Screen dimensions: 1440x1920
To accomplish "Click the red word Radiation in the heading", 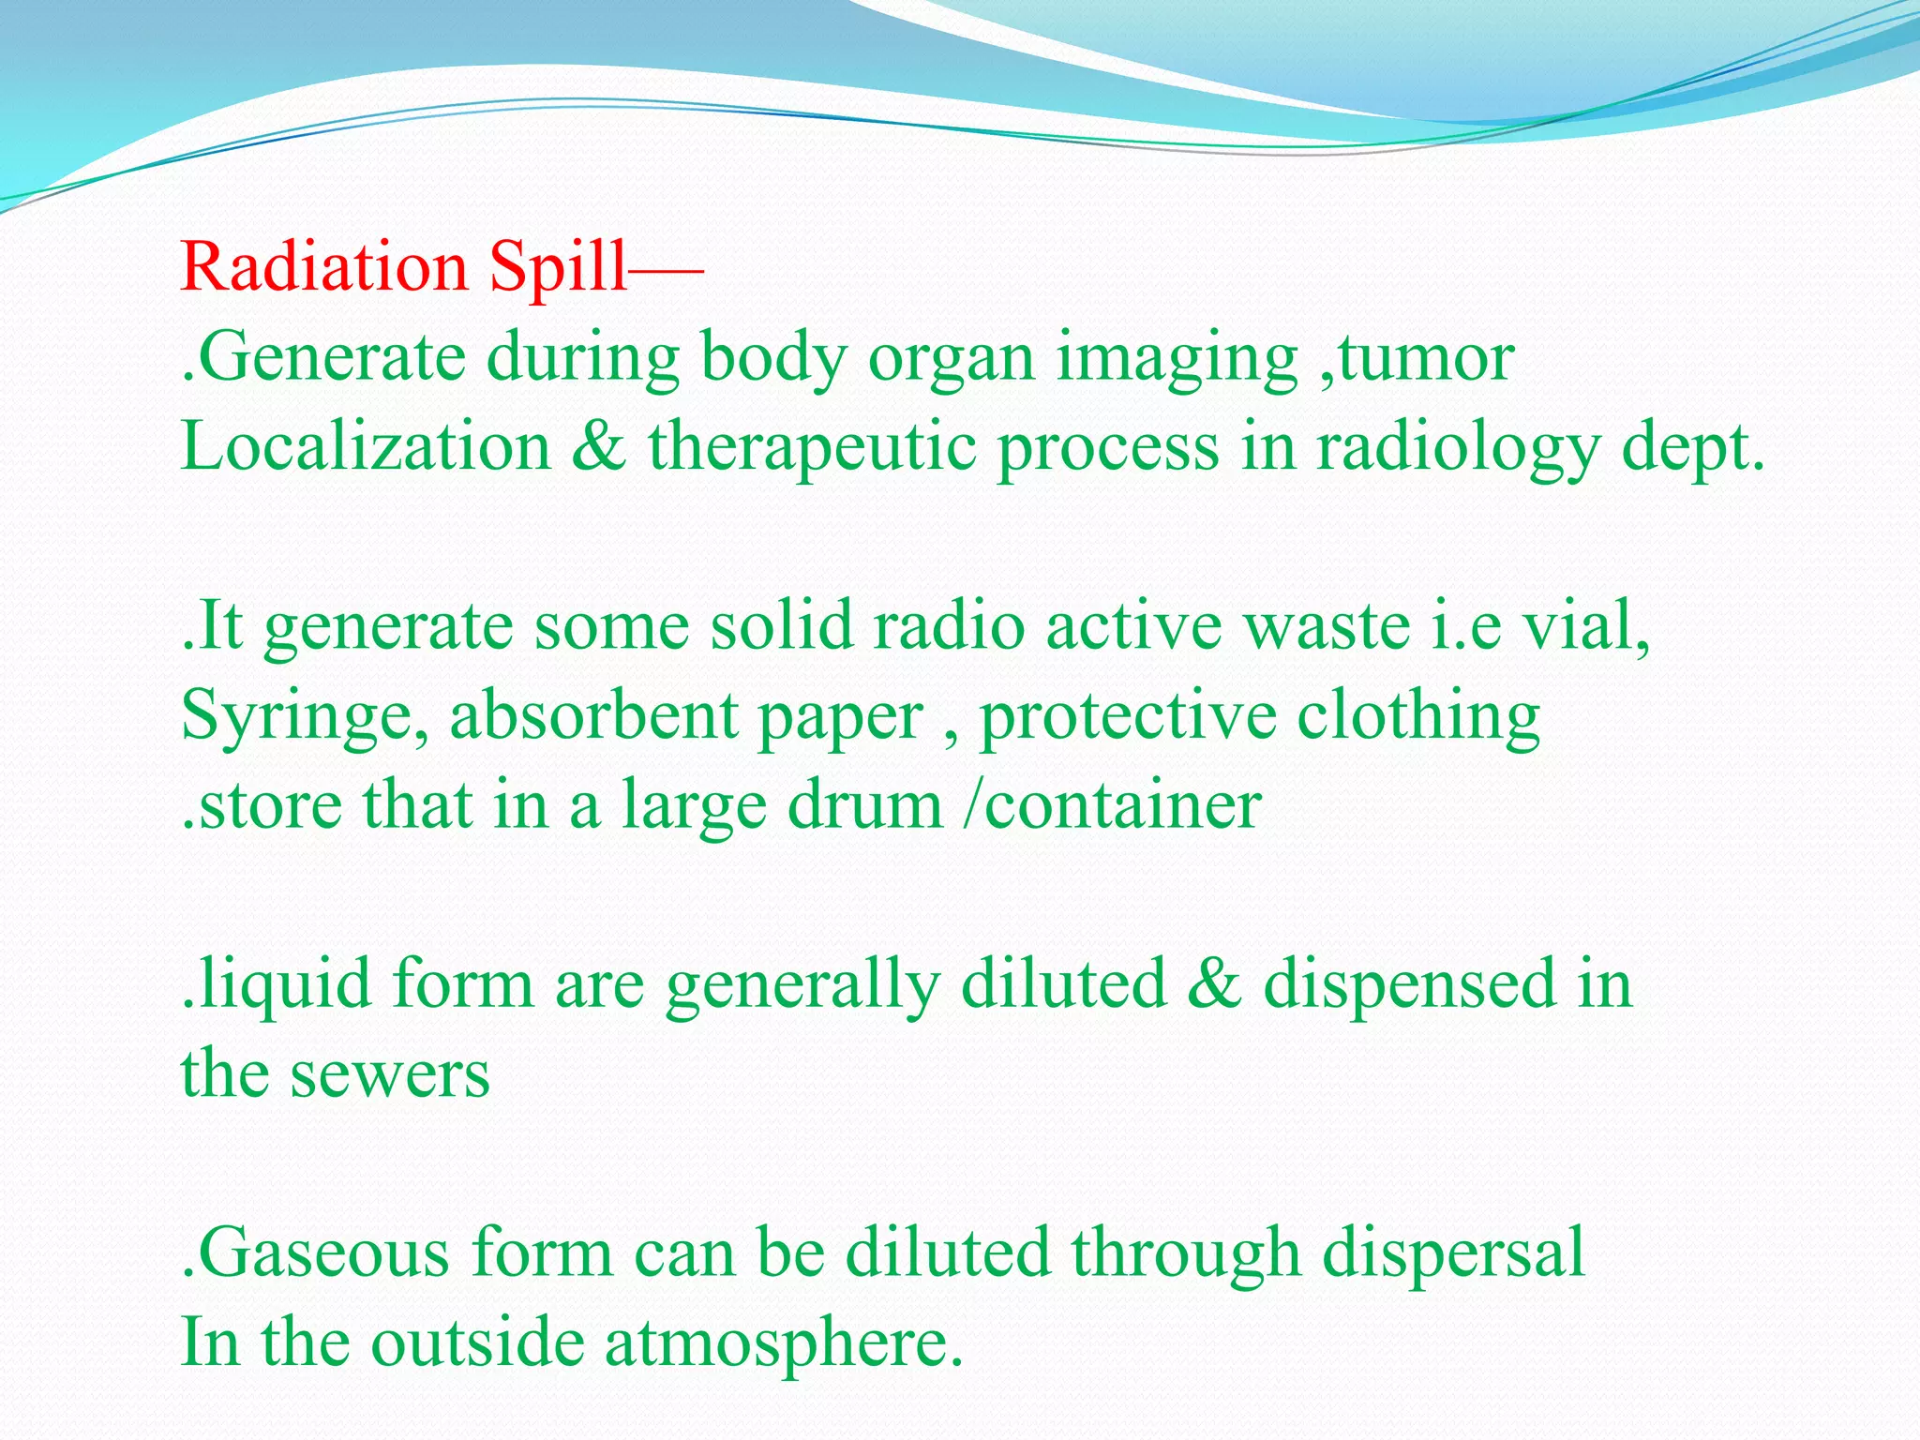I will tap(323, 267).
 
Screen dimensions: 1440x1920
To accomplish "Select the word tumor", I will tap(1426, 357).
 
